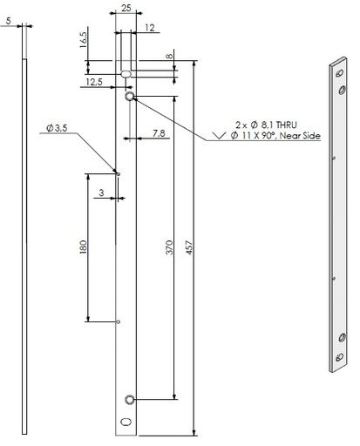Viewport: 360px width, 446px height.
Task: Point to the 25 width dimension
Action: tap(126, 8)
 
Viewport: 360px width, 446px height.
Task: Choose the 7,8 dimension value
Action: tap(160, 132)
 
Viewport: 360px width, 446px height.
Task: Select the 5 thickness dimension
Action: tap(8, 18)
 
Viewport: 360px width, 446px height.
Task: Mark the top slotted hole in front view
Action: tap(126, 73)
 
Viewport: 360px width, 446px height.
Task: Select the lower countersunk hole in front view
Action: tap(130, 399)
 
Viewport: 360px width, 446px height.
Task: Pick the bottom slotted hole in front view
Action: tap(126, 421)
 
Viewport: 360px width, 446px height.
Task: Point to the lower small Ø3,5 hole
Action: tap(119, 322)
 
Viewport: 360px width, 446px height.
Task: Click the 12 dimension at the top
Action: tap(151, 29)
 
